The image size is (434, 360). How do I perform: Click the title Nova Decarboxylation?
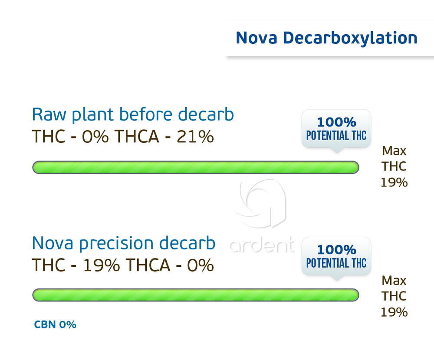[x=327, y=38]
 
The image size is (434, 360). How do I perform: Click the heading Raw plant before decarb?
[x=133, y=114]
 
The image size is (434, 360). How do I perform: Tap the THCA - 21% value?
[x=164, y=137]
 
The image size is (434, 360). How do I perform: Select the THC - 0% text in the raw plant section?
[x=70, y=137]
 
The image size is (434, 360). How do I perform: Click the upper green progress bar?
[x=196, y=167]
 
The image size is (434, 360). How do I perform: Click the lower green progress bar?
[x=196, y=295]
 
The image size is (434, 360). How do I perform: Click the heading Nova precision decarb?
[x=124, y=243]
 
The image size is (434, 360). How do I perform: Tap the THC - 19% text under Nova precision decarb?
[x=76, y=265]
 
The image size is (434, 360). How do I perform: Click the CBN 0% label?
[x=55, y=324]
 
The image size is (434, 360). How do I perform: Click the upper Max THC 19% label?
[x=394, y=167]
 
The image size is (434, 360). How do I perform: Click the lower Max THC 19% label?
[x=394, y=296]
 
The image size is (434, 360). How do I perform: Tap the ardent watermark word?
[x=262, y=245]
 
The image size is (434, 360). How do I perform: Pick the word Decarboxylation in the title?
[x=350, y=38]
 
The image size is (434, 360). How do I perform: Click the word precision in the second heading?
[x=116, y=243]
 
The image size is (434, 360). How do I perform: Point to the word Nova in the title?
[x=256, y=38]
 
